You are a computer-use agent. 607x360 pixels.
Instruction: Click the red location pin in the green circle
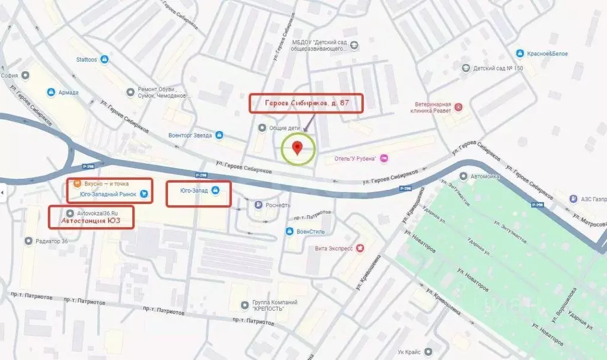(x=298, y=146)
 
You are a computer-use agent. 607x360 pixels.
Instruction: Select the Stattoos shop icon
(x=104, y=59)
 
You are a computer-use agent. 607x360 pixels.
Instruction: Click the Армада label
(x=68, y=93)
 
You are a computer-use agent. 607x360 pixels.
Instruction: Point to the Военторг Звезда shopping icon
(x=219, y=135)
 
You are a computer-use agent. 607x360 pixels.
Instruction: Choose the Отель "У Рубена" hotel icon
(x=384, y=158)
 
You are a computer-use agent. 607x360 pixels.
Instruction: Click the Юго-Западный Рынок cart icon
(x=144, y=194)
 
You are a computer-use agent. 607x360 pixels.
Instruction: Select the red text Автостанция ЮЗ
(x=91, y=221)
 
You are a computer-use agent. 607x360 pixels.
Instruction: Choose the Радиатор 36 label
(x=52, y=241)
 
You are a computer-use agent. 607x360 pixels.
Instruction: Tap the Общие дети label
(x=286, y=128)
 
